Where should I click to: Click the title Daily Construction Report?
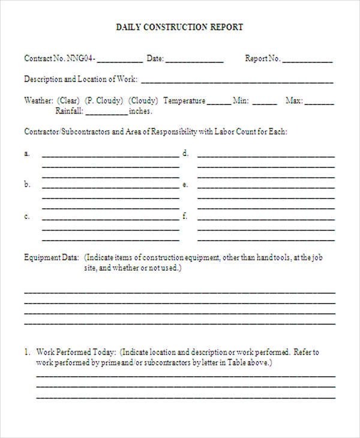click(x=179, y=27)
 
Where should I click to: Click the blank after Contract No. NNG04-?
click(x=119, y=59)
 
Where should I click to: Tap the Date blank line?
click(x=194, y=59)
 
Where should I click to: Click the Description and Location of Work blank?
click(x=237, y=80)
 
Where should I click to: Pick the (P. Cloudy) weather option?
click(x=104, y=101)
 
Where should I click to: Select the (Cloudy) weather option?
click(x=144, y=101)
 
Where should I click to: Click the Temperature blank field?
click(x=218, y=102)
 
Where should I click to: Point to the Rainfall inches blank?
click(x=107, y=112)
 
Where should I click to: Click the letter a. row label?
click(x=27, y=154)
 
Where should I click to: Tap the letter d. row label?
click(x=185, y=154)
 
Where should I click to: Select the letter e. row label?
click(x=185, y=185)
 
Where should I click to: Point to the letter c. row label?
click(x=27, y=216)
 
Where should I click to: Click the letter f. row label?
click(x=185, y=216)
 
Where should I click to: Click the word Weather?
click(x=38, y=101)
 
